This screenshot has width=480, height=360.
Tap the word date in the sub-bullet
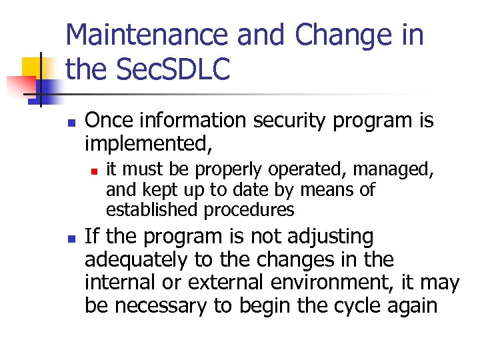(247, 190)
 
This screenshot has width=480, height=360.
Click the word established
(152, 209)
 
